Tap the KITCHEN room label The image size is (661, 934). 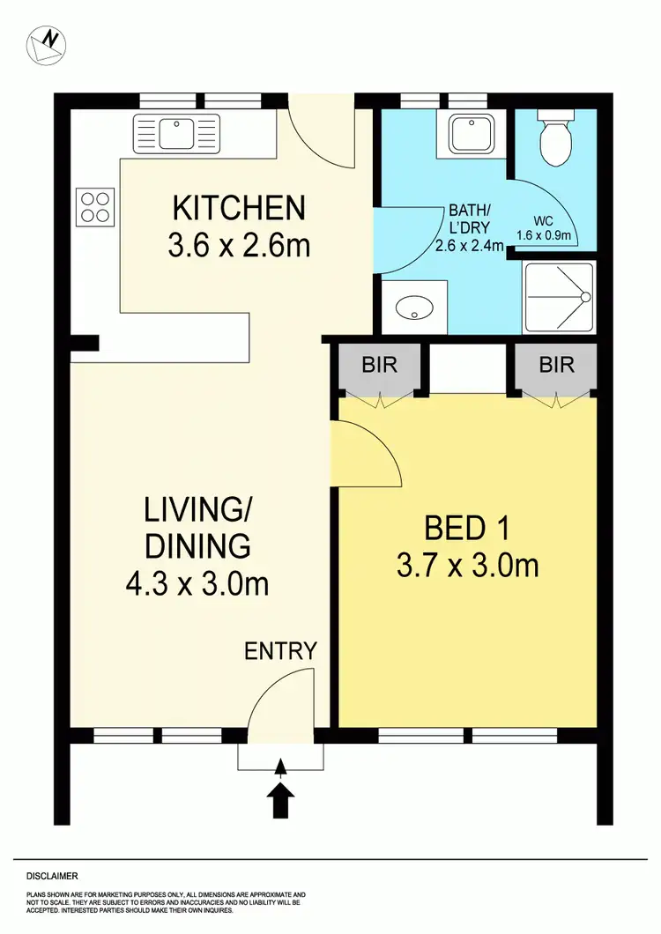click(x=238, y=209)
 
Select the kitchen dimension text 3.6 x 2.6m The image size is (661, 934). click(x=238, y=245)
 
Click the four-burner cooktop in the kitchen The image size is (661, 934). click(x=95, y=206)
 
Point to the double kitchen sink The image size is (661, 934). click(x=175, y=133)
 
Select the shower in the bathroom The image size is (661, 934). click(x=560, y=297)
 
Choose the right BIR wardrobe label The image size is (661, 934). click(x=556, y=364)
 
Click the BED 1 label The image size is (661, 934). click(x=467, y=529)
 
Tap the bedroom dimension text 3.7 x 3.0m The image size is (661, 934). click(x=467, y=565)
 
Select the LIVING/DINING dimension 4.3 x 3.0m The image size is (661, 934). click(x=197, y=583)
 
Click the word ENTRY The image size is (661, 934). click(x=280, y=651)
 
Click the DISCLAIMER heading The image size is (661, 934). click(x=52, y=876)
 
